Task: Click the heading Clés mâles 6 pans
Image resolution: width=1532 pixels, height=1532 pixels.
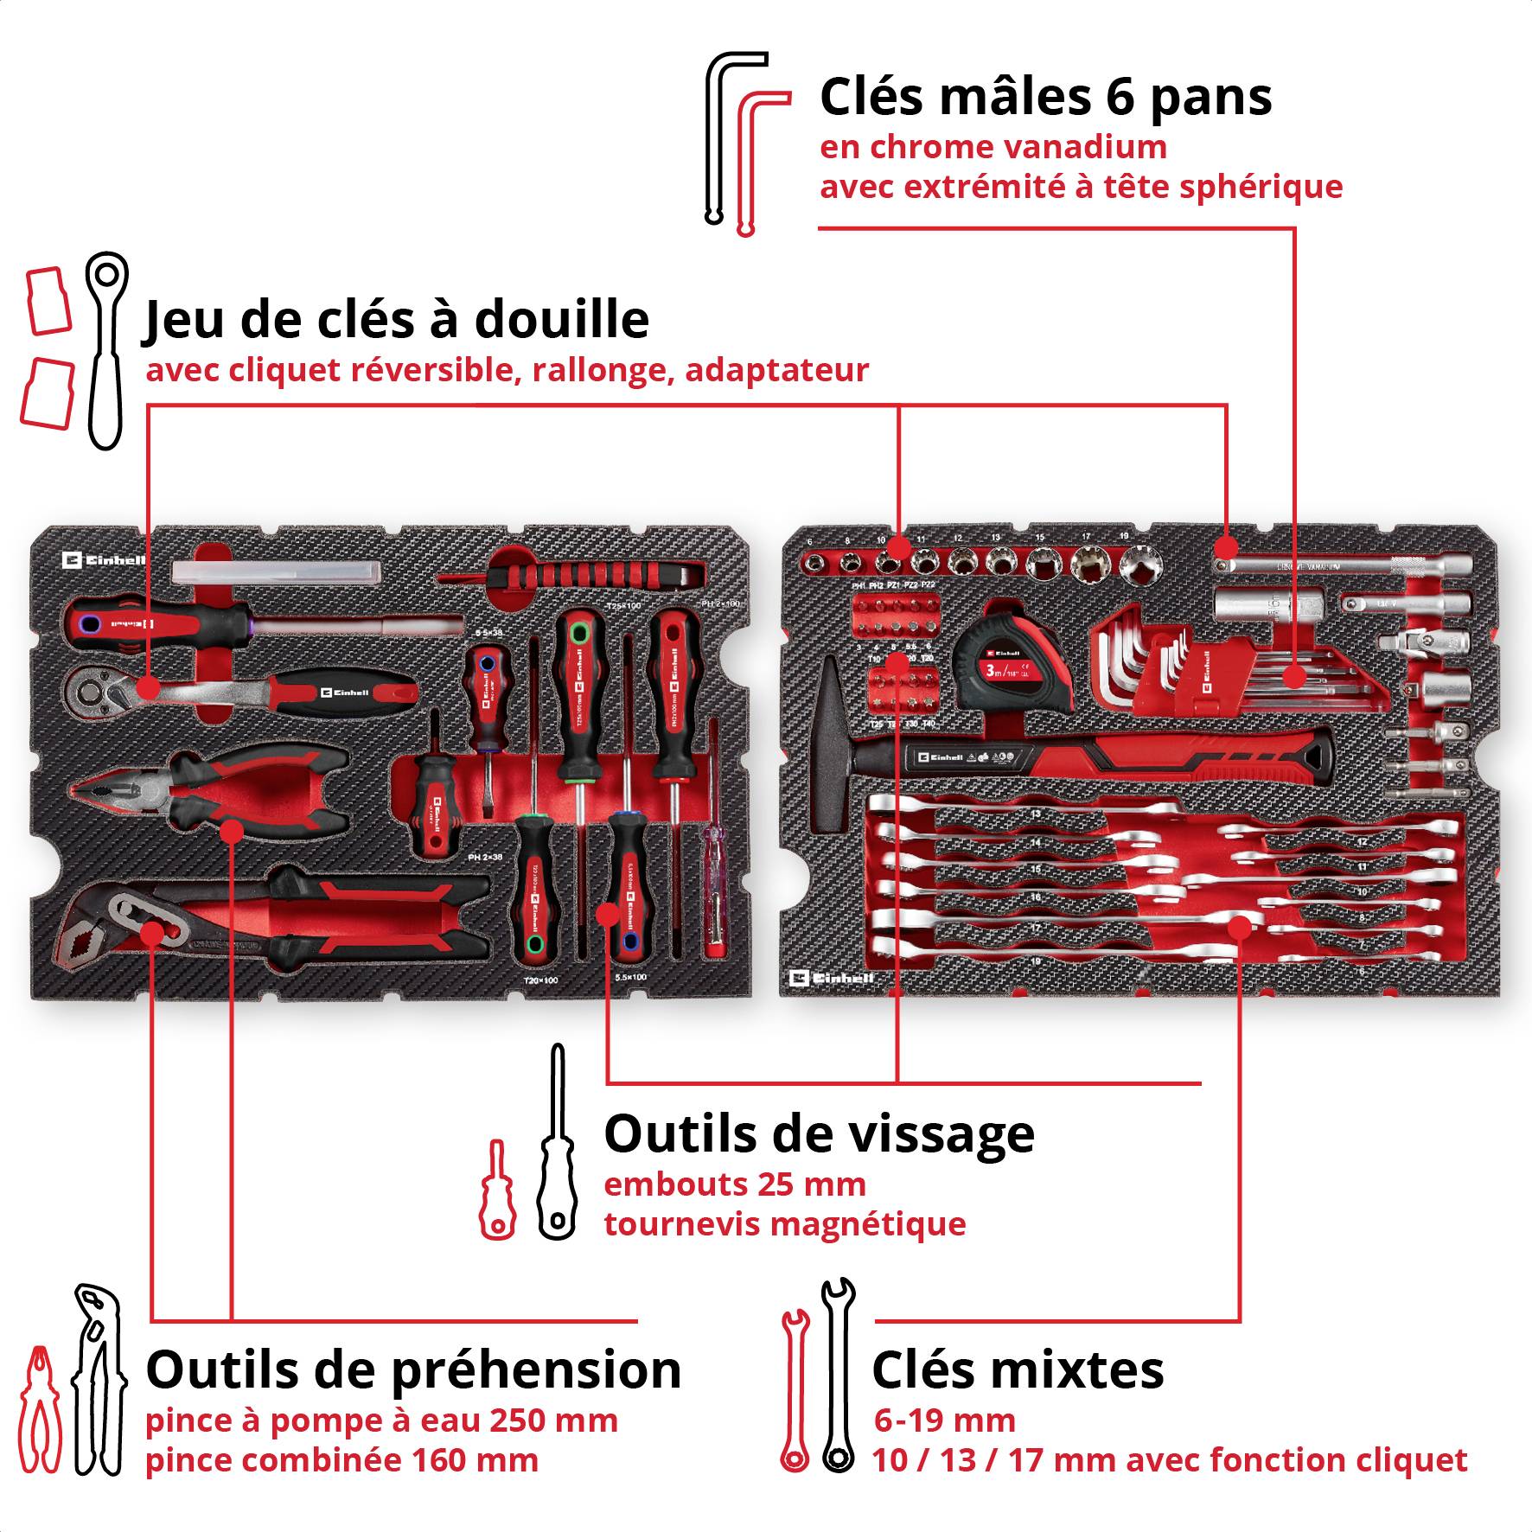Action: pyautogui.click(x=1044, y=97)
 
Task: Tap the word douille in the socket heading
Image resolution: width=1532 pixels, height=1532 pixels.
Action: pyautogui.click(x=561, y=319)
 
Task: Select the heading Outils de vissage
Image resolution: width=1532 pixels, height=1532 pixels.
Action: pyautogui.click(x=818, y=1133)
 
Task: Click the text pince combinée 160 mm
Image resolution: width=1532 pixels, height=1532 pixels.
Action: pyautogui.click(x=342, y=1460)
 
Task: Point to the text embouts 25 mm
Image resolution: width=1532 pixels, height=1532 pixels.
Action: pyautogui.click(x=734, y=1184)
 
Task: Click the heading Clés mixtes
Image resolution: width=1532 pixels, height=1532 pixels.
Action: pyautogui.click(x=1017, y=1369)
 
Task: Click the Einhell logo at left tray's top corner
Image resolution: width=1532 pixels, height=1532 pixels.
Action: pyautogui.click(x=104, y=560)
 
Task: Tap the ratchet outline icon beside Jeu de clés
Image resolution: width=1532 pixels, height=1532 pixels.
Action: pyautogui.click(x=106, y=350)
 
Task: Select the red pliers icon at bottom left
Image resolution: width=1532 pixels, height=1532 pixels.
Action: pyautogui.click(x=40, y=1409)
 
